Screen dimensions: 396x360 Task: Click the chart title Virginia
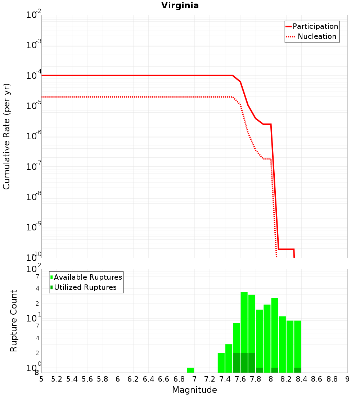pyautogui.click(x=180, y=5)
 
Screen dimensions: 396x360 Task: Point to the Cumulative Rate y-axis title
pyautogui.click(x=6, y=136)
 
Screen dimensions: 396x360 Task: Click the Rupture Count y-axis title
pyautogui.click(x=14, y=320)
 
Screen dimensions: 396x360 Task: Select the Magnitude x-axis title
pyautogui.click(x=194, y=390)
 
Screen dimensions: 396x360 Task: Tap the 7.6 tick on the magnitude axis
pyautogui.click(x=240, y=379)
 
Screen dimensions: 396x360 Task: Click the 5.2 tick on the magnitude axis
pyautogui.click(x=57, y=379)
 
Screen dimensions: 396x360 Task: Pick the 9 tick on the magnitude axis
pyautogui.click(x=347, y=379)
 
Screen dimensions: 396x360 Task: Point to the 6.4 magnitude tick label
pyautogui.click(x=148, y=379)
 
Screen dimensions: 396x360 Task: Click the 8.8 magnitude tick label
pyautogui.click(x=332, y=379)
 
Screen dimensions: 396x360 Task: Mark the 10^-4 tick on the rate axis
pyautogui.click(x=34, y=76)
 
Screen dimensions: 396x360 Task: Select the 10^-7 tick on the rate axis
pyautogui.click(x=34, y=167)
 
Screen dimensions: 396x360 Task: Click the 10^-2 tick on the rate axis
pyautogui.click(x=34, y=15)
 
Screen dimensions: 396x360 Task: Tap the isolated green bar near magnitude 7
pyautogui.click(x=190, y=370)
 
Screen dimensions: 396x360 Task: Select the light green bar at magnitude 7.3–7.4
pyautogui.click(x=221, y=363)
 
